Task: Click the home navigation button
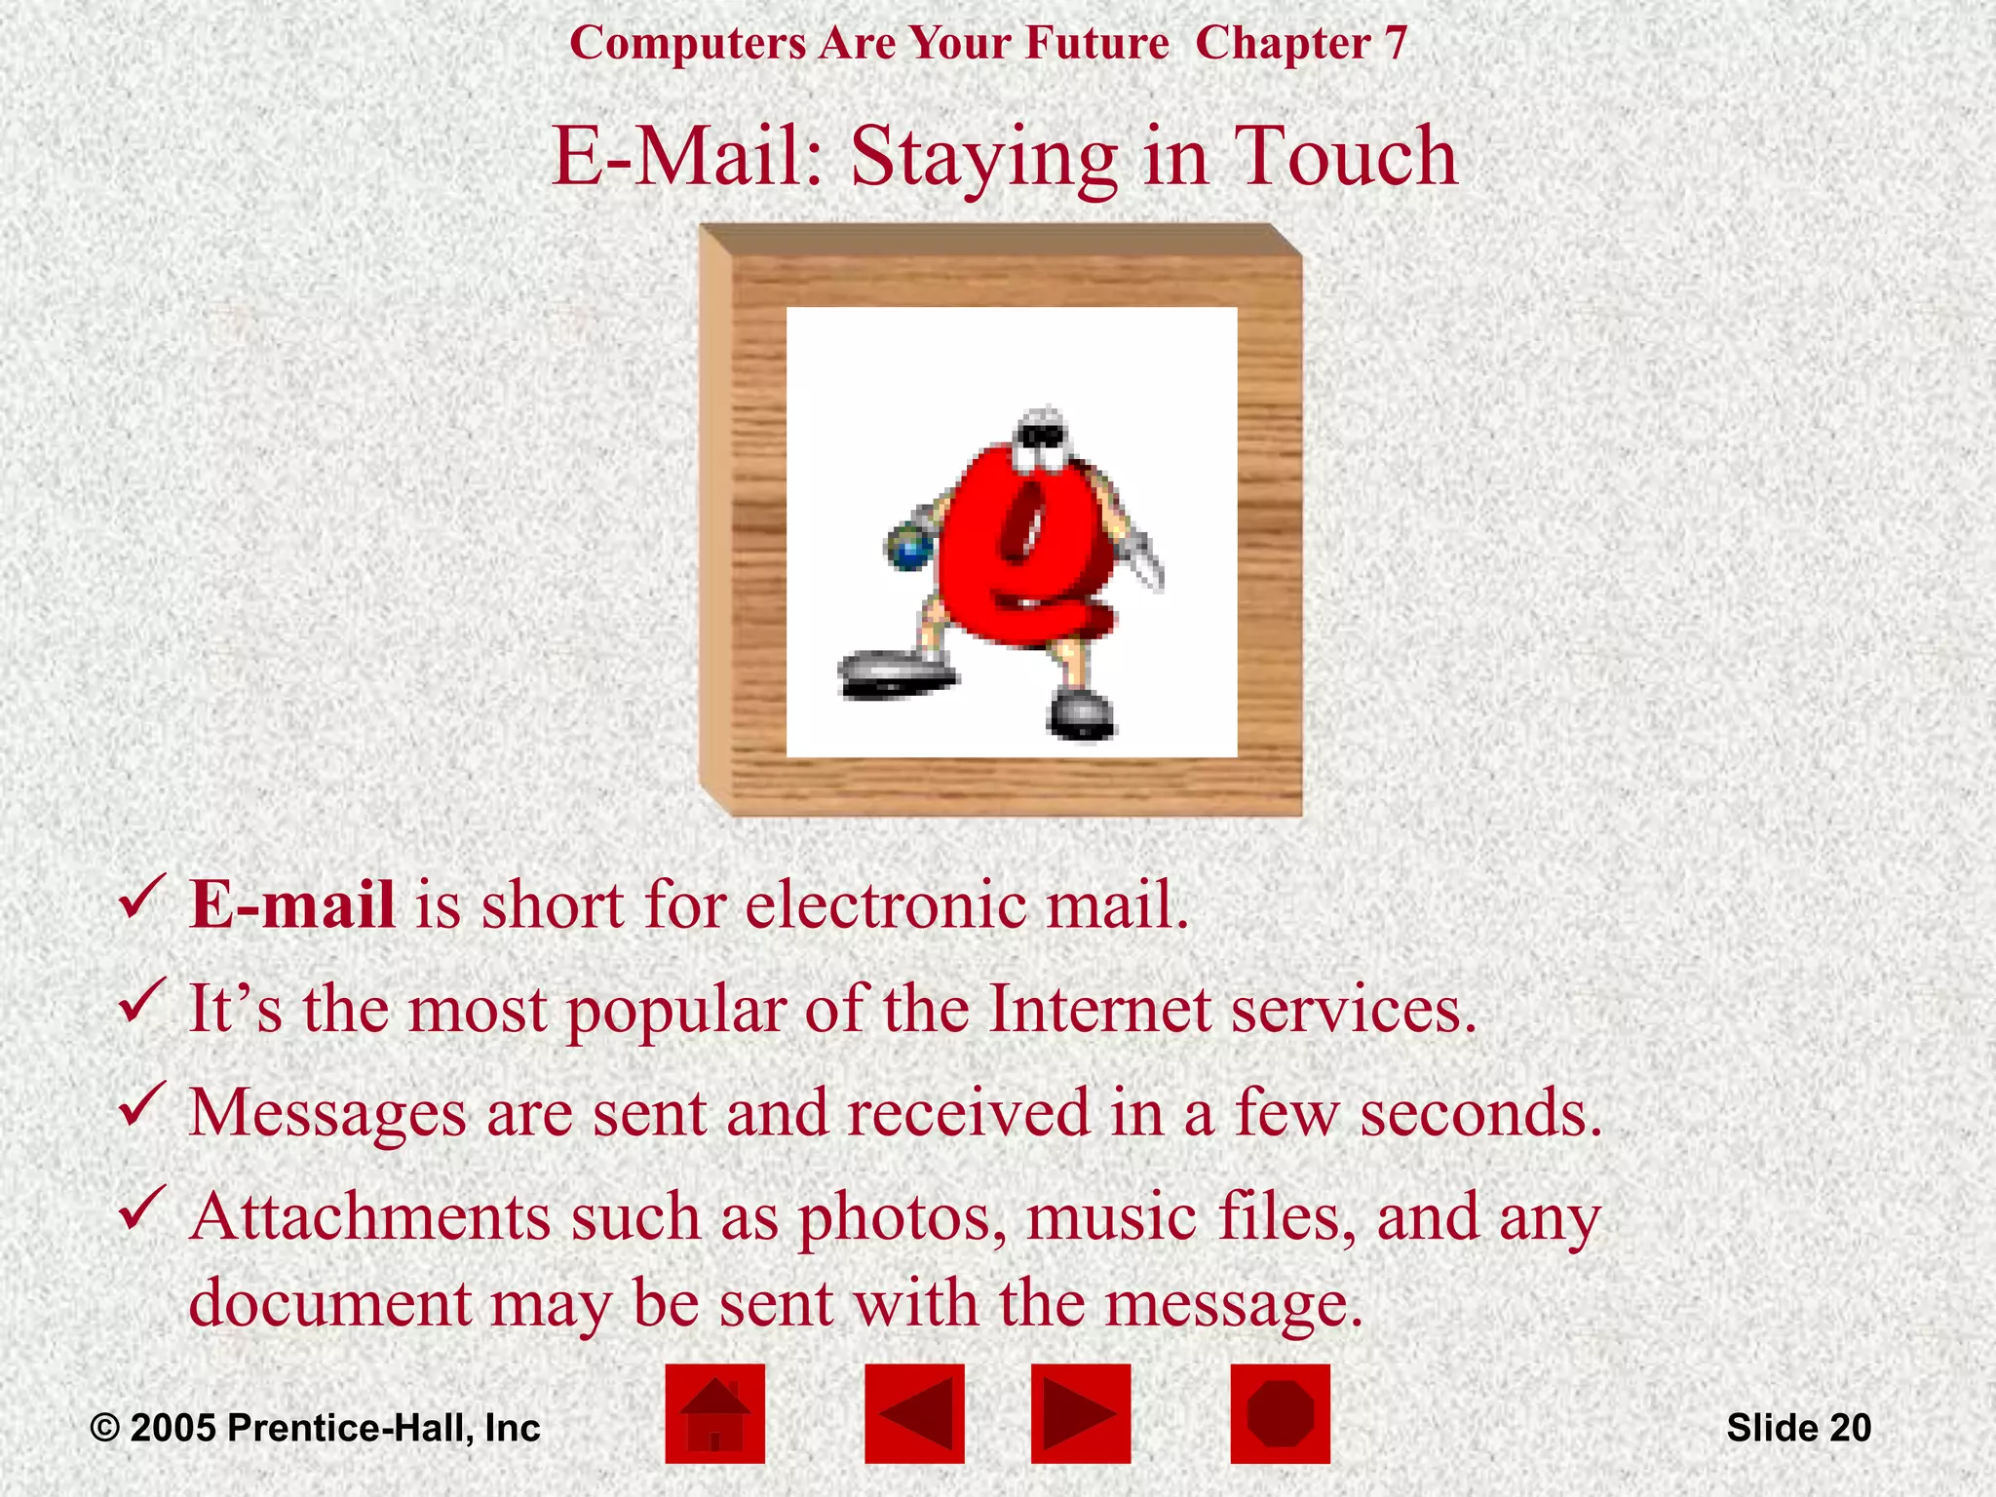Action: coord(714,1413)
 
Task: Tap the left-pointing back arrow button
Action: coord(914,1413)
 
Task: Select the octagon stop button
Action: coord(1280,1413)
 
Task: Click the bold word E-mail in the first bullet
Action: coord(292,904)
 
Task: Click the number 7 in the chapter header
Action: coord(1396,43)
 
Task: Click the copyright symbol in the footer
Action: coord(104,1429)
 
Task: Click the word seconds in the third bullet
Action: coord(1480,1112)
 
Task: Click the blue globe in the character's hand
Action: coord(910,552)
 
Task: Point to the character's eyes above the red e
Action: coord(1039,440)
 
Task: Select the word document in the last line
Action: coord(330,1303)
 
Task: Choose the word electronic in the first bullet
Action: coord(886,904)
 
